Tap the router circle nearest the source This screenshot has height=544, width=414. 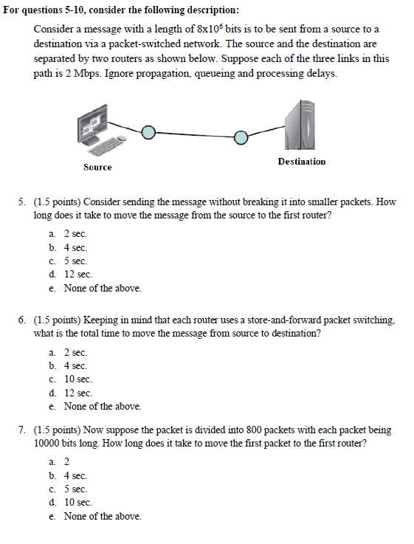148,131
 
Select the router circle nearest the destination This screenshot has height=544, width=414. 240,137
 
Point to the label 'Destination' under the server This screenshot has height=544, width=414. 301,162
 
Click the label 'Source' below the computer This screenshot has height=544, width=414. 97,168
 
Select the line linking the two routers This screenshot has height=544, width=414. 194,134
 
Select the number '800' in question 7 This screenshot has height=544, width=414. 218,430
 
